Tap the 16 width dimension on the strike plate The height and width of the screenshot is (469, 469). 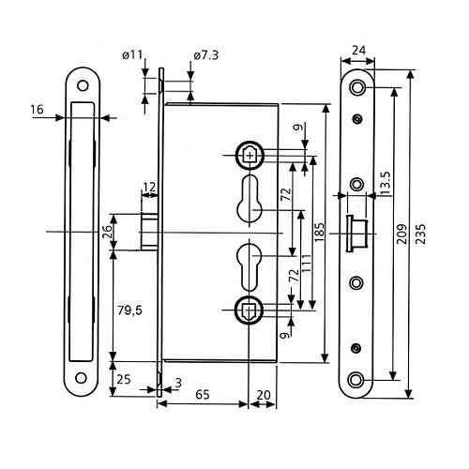pos(38,110)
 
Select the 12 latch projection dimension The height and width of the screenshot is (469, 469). pos(149,187)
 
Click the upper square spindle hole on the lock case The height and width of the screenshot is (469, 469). pos(249,152)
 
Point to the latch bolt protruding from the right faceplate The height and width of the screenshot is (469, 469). pos(356,231)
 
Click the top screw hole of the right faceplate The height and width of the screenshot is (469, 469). pos(357,87)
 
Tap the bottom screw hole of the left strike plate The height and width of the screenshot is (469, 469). pos(83,380)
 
